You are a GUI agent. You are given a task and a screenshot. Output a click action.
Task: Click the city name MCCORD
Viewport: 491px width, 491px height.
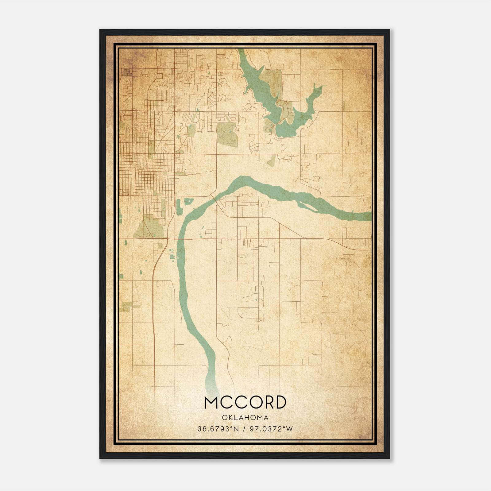click(245, 403)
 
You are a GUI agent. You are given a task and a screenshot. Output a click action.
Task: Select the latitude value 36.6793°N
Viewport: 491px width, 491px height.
click(218, 429)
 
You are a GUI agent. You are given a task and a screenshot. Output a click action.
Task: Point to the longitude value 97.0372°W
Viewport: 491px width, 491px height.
click(271, 429)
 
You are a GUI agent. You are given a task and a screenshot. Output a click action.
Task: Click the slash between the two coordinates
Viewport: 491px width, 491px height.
click(244, 429)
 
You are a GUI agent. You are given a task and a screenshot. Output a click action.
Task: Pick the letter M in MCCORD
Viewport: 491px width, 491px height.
click(212, 403)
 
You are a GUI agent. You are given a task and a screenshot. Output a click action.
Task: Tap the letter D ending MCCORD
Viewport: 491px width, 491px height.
click(280, 403)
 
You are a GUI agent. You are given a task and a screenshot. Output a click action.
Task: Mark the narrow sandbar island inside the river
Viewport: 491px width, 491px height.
click(307, 207)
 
